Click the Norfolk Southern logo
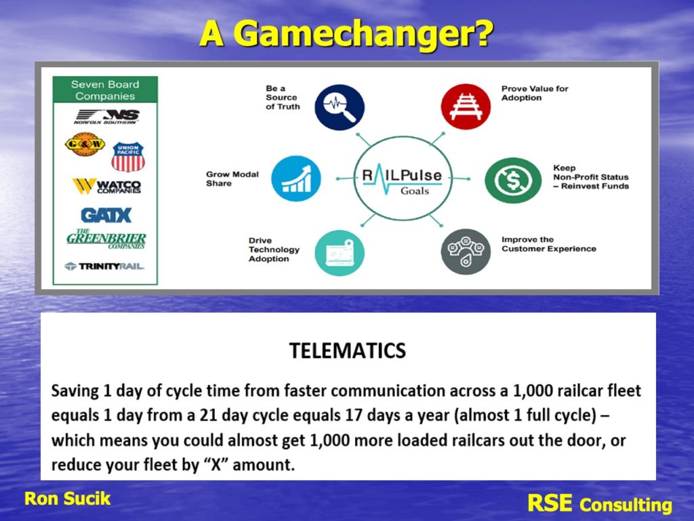point(106,117)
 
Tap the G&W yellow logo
point(85,144)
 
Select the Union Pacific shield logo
point(128,157)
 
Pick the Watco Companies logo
point(106,186)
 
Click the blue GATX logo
point(106,215)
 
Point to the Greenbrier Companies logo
point(106,239)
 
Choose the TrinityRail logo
point(104,266)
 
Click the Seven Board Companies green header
point(105,90)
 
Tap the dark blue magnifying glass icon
point(340,107)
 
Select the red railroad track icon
point(466,107)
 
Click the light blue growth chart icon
point(295,178)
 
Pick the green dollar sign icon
point(513,180)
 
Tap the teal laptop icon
point(340,253)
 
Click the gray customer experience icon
point(466,252)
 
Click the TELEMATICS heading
point(348,351)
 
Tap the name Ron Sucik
point(67,499)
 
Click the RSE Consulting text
point(600,504)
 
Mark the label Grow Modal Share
point(232,178)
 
